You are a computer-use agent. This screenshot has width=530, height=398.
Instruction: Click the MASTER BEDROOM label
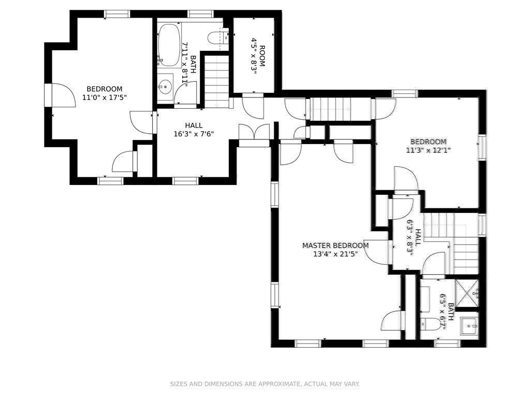click(335, 245)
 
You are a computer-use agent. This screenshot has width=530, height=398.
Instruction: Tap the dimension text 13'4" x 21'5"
click(335, 254)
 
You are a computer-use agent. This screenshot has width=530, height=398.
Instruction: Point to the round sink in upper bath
click(166, 86)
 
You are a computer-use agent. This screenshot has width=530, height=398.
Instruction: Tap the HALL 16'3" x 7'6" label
click(194, 129)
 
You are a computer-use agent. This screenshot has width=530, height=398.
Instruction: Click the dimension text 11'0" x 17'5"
click(105, 97)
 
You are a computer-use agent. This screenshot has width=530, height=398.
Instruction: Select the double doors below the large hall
click(254, 132)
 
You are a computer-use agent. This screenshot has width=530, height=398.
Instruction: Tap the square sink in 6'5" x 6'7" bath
click(469, 325)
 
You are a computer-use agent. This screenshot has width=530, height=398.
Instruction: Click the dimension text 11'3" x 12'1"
click(428, 150)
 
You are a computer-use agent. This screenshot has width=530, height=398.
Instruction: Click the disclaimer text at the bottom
click(264, 384)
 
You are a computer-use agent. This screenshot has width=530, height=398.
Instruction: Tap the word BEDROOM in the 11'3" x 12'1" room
click(428, 141)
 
